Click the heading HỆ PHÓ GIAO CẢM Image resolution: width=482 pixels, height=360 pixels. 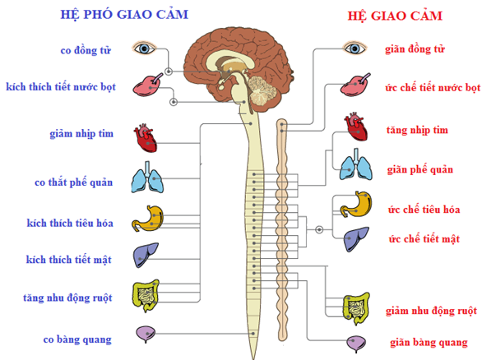pyautogui.click(x=124, y=15)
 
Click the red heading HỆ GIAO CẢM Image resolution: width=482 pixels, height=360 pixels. pyautogui.click(x=395, y=16)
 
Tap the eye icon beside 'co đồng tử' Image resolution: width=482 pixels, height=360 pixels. pyautogui.click(x=144, y=48)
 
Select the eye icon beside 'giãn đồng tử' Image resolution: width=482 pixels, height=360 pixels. pyautogui.click(x=355, y=48)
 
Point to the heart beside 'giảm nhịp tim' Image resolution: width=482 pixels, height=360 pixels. pyautogui.click(x=145, y=138)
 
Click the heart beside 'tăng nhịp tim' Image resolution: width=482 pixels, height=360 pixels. pyautogui.click(x=356, y=127)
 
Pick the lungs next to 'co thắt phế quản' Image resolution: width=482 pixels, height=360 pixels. pyautogui.click(x=147, y=178)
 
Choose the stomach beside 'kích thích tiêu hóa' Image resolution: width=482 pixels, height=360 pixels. pyautogui.click(x=148, y=218)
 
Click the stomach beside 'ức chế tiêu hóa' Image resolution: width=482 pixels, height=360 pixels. pyautogui.click(x=356, y=205)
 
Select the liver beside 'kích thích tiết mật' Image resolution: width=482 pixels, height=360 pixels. pyautogui.click(x=146, y=255)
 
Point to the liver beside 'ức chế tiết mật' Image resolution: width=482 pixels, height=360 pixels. pyautogui.click(x=356, y=239)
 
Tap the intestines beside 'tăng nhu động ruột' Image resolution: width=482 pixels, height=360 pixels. pyautogui.click(x=146, y=296)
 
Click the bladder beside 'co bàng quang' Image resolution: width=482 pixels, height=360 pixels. pyautogui.click(x=146, y=334)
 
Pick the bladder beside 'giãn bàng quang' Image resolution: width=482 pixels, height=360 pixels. pyautogui.click(x=356, y=344)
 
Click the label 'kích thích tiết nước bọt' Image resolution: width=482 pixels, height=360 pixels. pyautogui.click(x=61, y=87)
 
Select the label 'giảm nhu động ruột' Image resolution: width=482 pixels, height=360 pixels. pyautogui.click(x=431, y=311)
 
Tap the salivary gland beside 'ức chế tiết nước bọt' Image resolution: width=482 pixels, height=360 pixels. pyautogui.click(x=355, y=85)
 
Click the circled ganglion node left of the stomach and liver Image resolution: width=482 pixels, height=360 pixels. pyautogui.click(x=319, y=229)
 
